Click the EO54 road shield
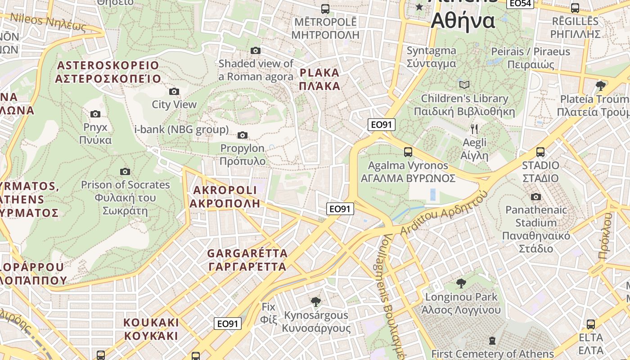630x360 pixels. [520, 3]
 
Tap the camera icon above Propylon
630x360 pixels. [243, 135]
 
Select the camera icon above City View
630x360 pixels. [174, 92]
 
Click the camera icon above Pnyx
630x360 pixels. [95, 114]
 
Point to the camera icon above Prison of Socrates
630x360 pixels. [125, 171]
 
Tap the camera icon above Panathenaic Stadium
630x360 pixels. [535, 197]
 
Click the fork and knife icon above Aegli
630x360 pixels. [474, 130]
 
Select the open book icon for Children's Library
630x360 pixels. [464, 85]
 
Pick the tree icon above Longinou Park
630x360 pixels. [461, 283]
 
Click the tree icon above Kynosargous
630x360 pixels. [315, 301]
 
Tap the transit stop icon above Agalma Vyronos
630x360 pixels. [408, 152]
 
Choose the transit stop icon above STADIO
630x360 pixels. [540, 152]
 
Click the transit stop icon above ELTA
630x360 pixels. [591, 324]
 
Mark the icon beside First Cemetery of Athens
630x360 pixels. [492, 341]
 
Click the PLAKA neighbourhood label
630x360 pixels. [319, 79]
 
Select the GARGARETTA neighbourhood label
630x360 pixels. [247, 260]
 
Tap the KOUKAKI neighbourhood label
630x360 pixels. [151, 329]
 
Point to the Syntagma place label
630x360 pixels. [431, 57]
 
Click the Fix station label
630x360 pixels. [268, 313]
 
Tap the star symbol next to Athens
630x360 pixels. [419, 7]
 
